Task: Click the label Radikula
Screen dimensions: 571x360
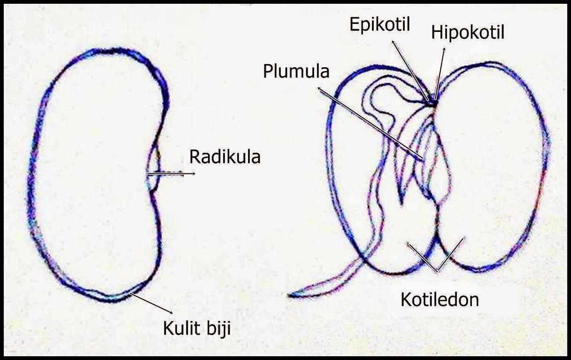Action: pyautogui.click(x=224, y=157)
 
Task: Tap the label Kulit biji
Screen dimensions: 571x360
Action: pyautogui.click(x=197, y=328)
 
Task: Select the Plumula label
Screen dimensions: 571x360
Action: pyautogui.click(x=296, y=71)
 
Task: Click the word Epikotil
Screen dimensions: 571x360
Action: pyautogui.click(x=380, y=24)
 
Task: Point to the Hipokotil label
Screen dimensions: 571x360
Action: pyautogui.click(x=468, y=33)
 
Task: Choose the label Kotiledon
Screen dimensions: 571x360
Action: pyautogui.click(x=440, y=299)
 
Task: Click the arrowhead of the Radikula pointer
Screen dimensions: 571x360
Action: pyautogui.click(x=194, y=174)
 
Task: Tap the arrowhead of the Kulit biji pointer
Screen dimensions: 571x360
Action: pyautogui.click(x=173, y=313)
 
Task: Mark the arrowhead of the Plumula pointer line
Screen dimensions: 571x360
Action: pyautogui.click(x=319, y=87)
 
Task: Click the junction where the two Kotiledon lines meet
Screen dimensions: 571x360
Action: pyautogui.click(x=438, y=272)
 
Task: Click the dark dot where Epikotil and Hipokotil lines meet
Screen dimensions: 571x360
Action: pyautogui.click(x=432, y=101)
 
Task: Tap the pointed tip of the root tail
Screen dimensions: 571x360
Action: pyautogui.click(x=290, y=295)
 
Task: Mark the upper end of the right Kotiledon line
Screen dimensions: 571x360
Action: pyautogui.click(x=464, y=238)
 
